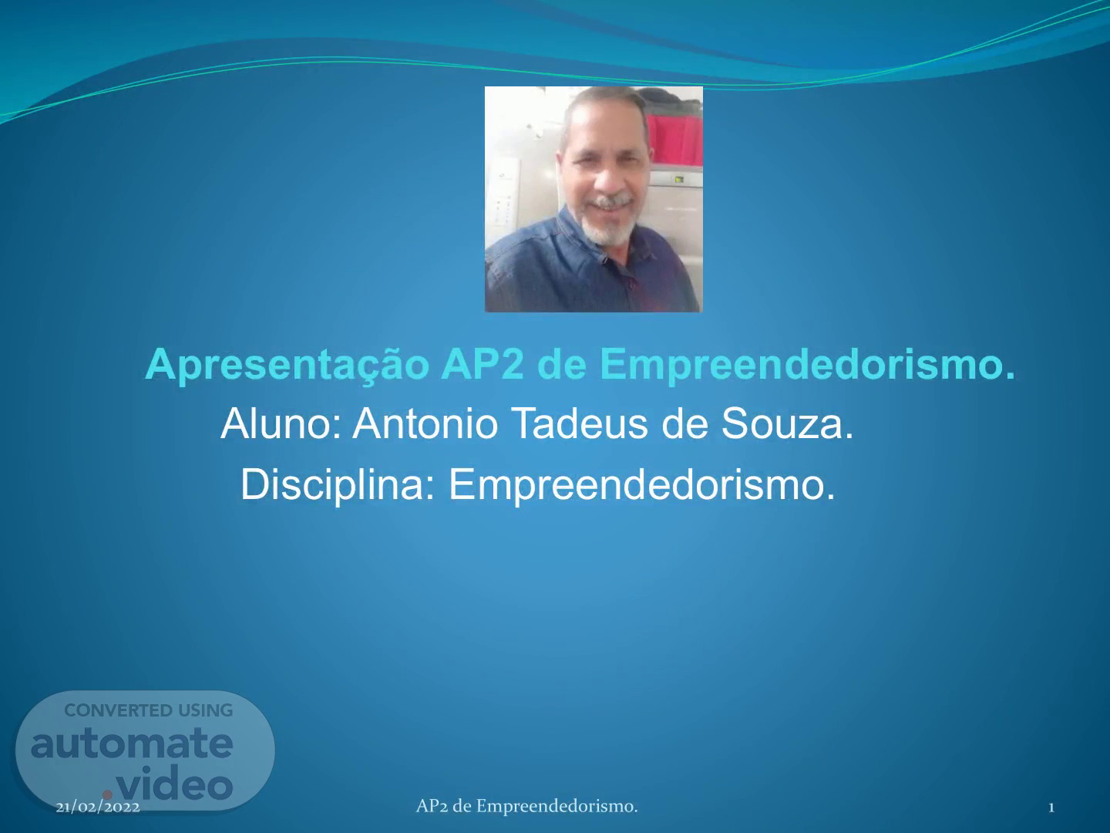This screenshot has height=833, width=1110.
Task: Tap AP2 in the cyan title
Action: (x=483, y=363)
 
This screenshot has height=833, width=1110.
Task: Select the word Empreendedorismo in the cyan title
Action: (x=808, y=365)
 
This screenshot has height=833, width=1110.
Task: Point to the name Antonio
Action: (x=425, y=423)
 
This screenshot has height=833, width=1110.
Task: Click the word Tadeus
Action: (x=580, y=423)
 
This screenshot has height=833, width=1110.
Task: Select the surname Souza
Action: (x=787, y=423)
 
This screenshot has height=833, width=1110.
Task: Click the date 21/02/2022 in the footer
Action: (x=98, y=808)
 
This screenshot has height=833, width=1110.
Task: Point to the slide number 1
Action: (x=1051, y=808)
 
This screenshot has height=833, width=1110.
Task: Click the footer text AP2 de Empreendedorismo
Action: (x=527, y=807)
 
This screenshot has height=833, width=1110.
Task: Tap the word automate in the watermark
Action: (x=132, y=744)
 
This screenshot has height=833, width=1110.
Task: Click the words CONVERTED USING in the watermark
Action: (x=149, y=710)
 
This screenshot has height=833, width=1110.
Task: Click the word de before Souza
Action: (x=684, y=423)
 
